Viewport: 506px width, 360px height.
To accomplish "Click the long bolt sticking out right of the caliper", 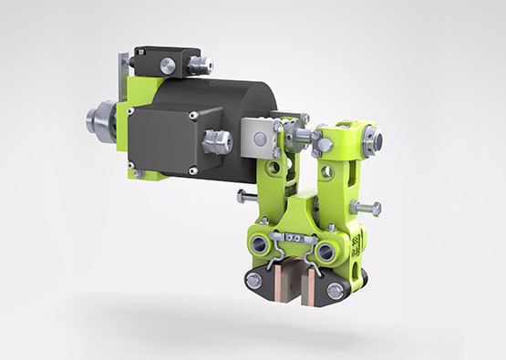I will click(367, 209).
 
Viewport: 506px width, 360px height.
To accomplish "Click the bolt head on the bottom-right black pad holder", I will click(336, 291).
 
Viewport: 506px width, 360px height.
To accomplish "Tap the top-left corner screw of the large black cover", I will click(133, 112).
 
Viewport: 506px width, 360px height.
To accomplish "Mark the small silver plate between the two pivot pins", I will click(294, 239).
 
